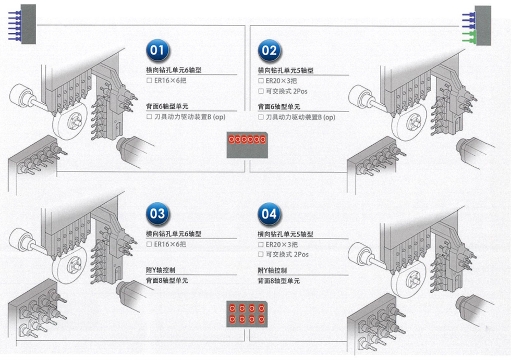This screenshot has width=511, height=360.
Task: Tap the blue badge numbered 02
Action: coord(269,51)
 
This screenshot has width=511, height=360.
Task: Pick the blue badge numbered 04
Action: coord(269,214)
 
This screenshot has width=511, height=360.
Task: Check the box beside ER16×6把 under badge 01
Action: coord(149,81)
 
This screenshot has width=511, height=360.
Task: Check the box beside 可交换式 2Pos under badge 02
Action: coord(261,91)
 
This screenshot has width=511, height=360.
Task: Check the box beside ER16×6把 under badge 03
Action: coord(149,244)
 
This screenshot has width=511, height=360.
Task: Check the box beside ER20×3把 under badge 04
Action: coord(261,244)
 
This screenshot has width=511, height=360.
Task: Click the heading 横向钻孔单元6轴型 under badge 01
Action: coord(174,70)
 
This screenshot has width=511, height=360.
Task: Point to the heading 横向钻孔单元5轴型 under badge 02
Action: coord(286,70)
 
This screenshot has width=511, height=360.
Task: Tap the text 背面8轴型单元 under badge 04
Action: coord(279,281)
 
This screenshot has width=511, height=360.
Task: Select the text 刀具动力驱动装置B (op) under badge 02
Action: coord(300,118)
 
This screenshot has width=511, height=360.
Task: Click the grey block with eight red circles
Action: coord(247,314)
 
